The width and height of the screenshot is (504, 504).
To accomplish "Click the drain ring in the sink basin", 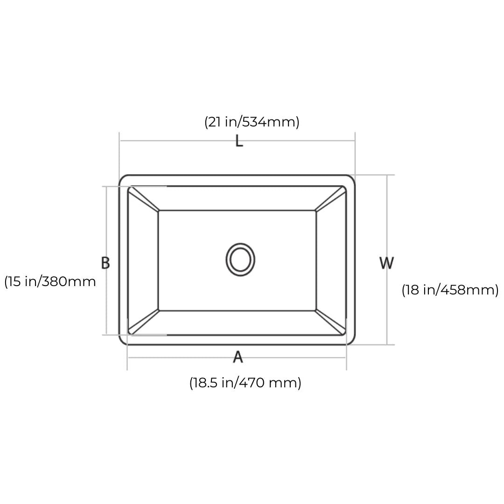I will point(240,259).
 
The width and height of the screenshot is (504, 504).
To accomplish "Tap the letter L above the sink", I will point(239,141).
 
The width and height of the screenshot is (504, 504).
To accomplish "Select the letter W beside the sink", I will point(386,263).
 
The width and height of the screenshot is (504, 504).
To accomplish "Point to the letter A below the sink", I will point(238,357).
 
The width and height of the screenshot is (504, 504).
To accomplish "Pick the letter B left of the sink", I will point(105,263).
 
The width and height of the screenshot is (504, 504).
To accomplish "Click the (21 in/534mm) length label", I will point(252,122).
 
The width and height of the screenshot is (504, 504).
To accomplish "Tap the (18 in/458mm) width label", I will point(450,290).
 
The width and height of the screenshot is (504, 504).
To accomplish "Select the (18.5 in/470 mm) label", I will point(245,383).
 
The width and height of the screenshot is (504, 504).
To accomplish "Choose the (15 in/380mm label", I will point(50,281).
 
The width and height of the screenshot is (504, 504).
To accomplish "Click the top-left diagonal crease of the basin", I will point(143,199).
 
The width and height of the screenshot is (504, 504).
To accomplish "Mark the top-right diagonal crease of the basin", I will point(330,199).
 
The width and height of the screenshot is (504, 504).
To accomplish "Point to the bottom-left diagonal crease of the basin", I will point(143,322).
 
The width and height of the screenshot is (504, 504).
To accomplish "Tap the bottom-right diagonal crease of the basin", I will point(330,322).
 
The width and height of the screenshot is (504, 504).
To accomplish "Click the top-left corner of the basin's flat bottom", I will point(159,210).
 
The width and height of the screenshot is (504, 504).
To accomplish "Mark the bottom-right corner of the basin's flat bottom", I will point(316,310).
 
